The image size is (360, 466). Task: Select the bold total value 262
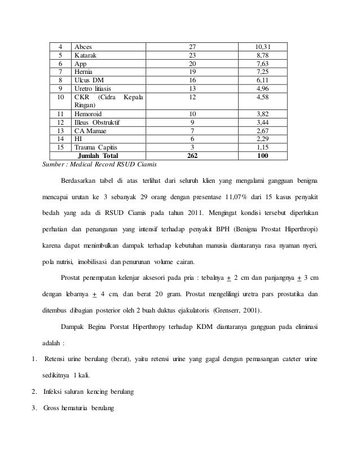tap(192, 155)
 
